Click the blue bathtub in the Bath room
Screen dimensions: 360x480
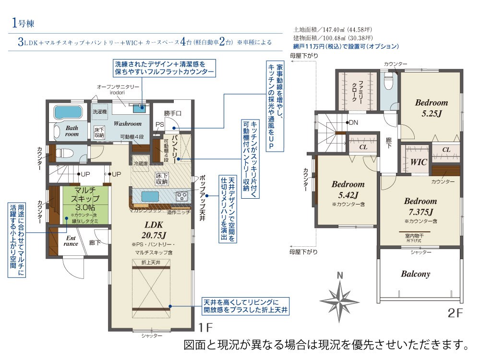68,113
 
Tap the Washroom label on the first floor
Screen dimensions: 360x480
127,123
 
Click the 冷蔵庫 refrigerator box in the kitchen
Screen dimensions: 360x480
141,163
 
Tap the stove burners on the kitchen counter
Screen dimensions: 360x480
182,196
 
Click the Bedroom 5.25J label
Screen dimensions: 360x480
431,108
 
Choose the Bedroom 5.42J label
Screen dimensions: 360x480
348,189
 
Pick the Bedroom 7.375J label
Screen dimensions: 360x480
420,206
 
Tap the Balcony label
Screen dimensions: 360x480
415,274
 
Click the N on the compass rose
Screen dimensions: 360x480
340,276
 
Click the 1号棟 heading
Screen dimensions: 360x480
22,23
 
